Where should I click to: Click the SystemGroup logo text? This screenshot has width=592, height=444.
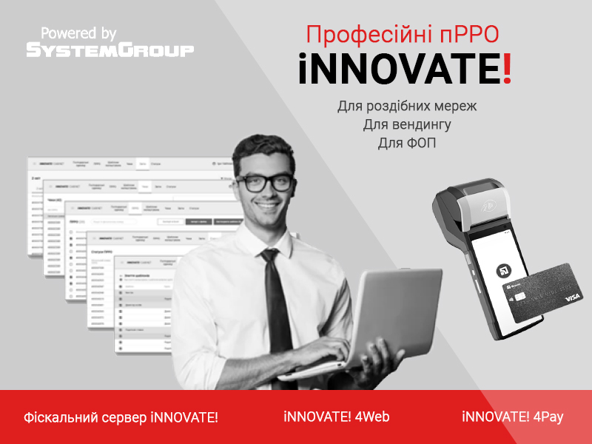click(110, 50)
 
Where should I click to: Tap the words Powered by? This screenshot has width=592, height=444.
click(79, 33)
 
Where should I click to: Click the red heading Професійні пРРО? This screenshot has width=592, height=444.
click(403, 34)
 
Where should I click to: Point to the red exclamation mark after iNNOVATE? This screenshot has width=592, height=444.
click(506, 69)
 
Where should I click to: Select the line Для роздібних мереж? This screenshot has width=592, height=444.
click(407, 106)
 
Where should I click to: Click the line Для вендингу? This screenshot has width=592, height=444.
click(407, 124)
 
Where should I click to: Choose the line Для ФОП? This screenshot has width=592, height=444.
click(407, 143)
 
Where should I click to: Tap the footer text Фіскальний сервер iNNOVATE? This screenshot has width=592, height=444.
click(121, 417)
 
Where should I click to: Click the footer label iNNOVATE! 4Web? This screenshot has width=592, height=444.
click(336, 417)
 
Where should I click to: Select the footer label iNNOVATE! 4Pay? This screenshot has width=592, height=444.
click(513, 417)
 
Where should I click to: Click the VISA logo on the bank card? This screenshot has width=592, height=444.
click(573, 297)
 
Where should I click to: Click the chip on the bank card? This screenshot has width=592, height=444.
click(519, 297)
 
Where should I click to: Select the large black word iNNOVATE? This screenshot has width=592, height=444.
click(400, 70)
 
